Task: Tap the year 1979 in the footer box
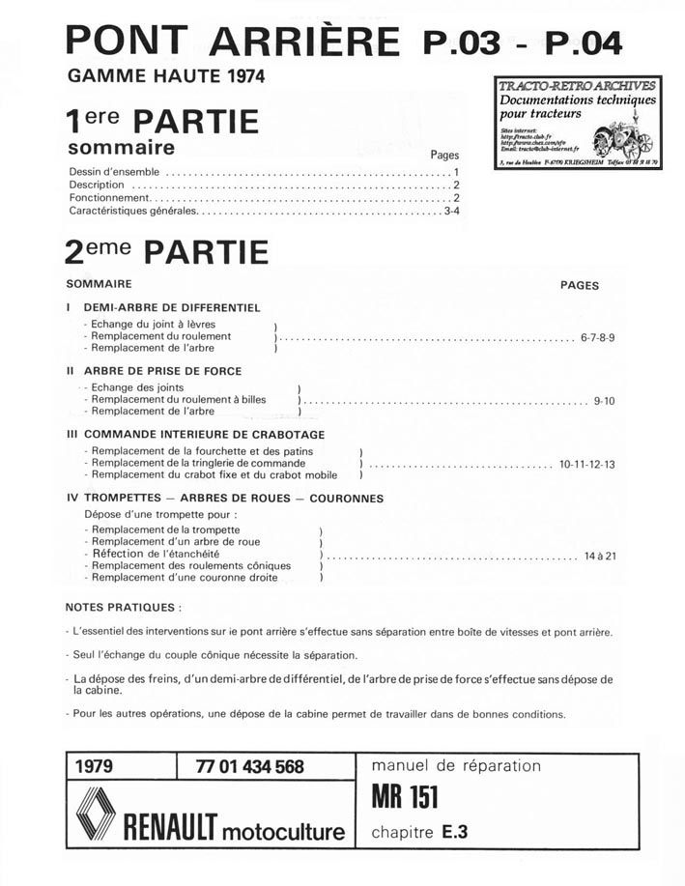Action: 94,767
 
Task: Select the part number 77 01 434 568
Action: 249,767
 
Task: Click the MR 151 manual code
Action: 405,798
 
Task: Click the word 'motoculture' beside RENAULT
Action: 283,831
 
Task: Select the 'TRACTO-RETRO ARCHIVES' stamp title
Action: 578,86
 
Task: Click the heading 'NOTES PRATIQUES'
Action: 122,608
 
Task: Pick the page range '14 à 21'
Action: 600,557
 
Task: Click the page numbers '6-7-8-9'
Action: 598,337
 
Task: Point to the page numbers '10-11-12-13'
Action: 587,464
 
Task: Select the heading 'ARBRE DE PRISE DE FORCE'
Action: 162,371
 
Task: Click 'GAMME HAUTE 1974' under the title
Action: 165,74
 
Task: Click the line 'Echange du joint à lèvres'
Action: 153,324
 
